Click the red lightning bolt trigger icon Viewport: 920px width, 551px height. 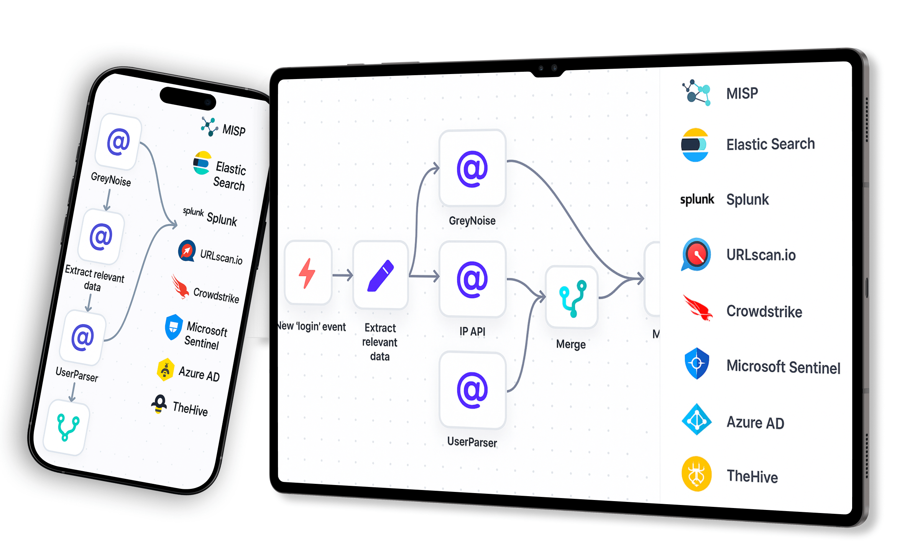tap(307, 273)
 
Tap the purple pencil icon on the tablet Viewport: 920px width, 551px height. tap(380, 275)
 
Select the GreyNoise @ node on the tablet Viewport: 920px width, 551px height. tap(472, 169)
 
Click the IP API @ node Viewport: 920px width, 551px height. tap(472, 279)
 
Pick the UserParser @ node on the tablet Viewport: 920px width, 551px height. tap(472, 390)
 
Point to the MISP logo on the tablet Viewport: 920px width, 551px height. tap(696, 93)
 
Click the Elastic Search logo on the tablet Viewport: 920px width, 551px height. tap(695, 145)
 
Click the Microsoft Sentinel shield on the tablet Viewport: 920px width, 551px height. tap(697, 363)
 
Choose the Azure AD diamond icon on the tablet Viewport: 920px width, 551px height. tap(697, 420)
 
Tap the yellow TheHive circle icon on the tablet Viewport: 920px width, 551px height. tap(696, 474)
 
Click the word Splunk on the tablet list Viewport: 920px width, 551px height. tap(747, 200)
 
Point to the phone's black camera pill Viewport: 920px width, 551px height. tap(188, 98)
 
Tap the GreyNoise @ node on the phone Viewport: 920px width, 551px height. tap(118, 142)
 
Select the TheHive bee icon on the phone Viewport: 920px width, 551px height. tap(159, 404)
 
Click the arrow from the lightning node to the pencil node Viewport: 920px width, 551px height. tap(342, 275)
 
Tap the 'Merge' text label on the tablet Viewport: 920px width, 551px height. tap(571, 344)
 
